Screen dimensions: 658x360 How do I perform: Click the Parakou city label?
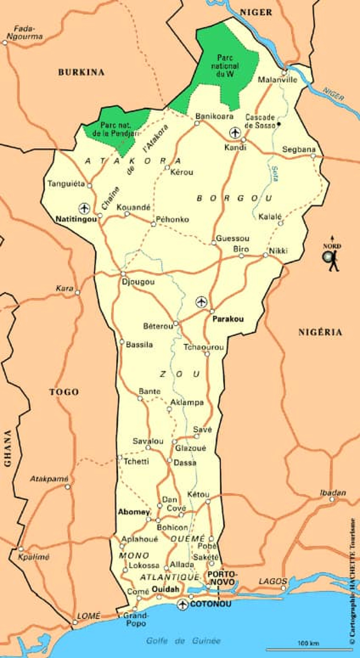pyautogui.click(x=228, y=319)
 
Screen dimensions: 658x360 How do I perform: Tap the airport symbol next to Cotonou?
pyautogui.click(x=182, y=604)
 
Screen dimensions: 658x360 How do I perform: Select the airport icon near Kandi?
pyautogui.click(x=235, y=132)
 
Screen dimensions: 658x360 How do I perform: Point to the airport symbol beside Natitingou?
pyautogui.click(x=84, y=208)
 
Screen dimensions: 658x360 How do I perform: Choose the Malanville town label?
pyautogui.click(x=277, y=80)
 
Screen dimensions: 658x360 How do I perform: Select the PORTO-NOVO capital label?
pyautogui.click(x=222, y=578)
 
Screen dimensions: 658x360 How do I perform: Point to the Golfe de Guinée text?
pyautogui.click(x=183, y=641)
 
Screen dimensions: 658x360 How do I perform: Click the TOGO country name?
pyautogui.click(x=64, y=392)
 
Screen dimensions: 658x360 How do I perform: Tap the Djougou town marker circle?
pyautogui.click(x=123, y=274)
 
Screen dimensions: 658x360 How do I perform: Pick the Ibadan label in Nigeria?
pyautogui.click(x=333, y=493)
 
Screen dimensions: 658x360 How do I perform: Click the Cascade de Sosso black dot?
pyautogui.click(x=279, y=124)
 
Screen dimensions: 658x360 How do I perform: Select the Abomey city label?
pyautogui.click(x=134, y=512)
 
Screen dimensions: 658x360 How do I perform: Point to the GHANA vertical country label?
pyautogui.click(x=8, y=448)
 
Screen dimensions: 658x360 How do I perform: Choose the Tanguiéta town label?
pyautogui.click(x=66, y=184)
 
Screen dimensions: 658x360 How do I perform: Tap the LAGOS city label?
pyautogui.click(x=273, y=581)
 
